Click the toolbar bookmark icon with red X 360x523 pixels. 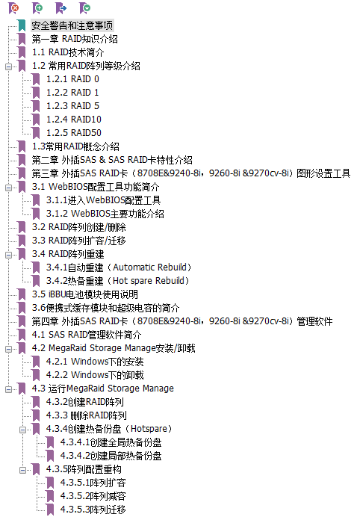coord(13,8)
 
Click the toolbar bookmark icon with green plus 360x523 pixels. coord(37,8)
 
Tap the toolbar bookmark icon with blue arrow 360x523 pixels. coord(61,8)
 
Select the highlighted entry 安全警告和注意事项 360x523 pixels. coord(72,25)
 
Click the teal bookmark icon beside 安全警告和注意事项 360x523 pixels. coord(22,25)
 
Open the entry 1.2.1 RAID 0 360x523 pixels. coord(72,79)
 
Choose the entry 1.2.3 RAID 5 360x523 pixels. coord(72,106)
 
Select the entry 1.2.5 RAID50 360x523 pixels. coord(74,133)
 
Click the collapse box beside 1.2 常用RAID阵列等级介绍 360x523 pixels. coord(8,66)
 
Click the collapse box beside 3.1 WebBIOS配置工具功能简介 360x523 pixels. coord(8,188)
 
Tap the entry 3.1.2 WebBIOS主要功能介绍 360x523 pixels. coord(105,214)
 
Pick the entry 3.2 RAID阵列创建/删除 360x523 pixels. coord(79,227)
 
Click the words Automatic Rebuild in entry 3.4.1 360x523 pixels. coord(149,267)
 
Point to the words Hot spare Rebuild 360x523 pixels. coord(149,281)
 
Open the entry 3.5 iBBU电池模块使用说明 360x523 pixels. coord(85,294)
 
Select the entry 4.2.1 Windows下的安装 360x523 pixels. coord(95,362)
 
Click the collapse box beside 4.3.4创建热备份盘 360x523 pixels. coord(22,430)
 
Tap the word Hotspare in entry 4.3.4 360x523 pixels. coord(149,429)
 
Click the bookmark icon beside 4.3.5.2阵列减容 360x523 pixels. coord(50,496)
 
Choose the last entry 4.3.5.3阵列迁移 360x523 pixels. coord(93,510)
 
